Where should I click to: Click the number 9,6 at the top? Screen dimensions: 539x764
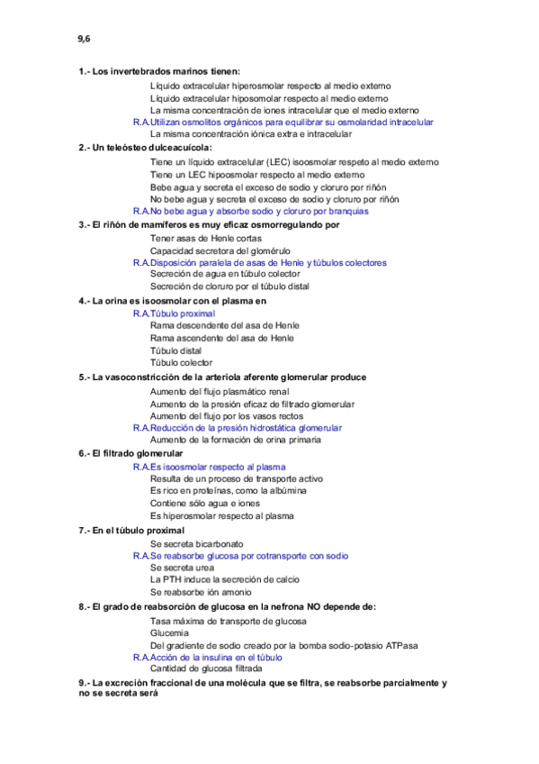[84, 39]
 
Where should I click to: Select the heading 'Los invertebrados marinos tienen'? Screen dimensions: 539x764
[159, 71]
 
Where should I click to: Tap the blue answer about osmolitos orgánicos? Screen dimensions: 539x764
[283, 122]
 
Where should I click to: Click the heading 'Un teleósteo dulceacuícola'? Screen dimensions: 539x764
[145, 147]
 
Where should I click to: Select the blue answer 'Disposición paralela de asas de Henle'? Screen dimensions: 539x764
[260, 262]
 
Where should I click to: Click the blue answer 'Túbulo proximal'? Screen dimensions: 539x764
[175, 313]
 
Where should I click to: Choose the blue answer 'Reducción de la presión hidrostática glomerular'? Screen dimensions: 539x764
[238, 428]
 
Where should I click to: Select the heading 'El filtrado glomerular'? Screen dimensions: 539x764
[131, 453]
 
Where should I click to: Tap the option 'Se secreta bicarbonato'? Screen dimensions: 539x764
[196, 544]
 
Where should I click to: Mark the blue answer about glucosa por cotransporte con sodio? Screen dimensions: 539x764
[240, 556]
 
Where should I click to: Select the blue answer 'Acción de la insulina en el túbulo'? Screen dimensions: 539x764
[211, 657]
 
